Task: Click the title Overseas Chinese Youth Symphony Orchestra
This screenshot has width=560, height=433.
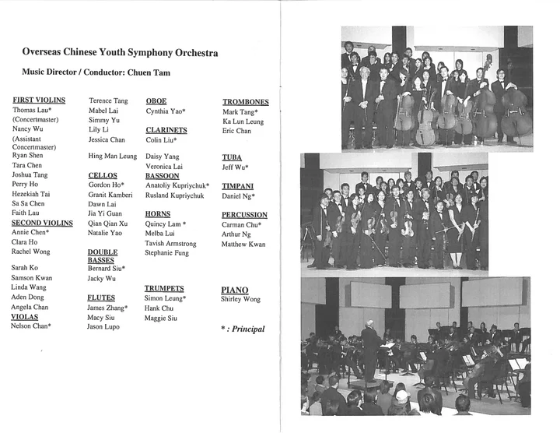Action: point(120,53)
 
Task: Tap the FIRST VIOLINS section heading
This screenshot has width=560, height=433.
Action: point(39,100)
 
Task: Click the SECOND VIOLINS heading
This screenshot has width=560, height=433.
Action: point(43,223)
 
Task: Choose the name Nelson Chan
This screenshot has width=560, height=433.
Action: point(31,326)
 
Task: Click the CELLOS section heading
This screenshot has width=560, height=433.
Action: point(103,175)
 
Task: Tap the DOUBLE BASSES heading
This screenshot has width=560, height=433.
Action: point(103,256)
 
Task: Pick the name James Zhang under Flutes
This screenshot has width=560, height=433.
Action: point(107,308)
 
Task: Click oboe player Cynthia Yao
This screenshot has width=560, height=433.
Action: point(166,111)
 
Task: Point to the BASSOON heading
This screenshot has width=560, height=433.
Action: point(162,176)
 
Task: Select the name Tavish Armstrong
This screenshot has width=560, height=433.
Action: point(170,244)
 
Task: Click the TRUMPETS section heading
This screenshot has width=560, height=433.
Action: point(164,289)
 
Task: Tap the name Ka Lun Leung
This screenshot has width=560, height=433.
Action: point(243,121)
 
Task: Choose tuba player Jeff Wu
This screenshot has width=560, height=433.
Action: point(236,167)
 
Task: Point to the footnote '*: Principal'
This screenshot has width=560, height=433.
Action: point(243,329)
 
